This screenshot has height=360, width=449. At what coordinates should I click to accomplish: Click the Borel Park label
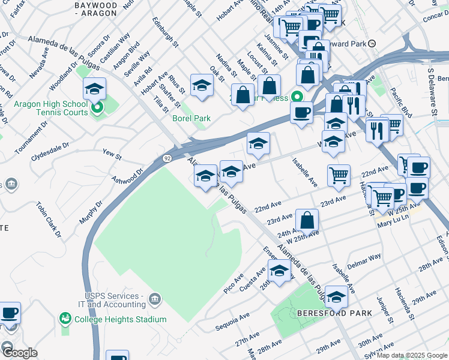tap(191, 118)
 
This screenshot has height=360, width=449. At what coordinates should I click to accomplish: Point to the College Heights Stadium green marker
tap(65, 318)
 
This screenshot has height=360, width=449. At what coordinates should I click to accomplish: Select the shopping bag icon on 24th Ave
tap(307, 220)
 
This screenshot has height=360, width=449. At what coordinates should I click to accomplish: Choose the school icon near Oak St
tap(202, 85)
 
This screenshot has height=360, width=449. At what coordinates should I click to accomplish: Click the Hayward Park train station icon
tap(372, 43)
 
